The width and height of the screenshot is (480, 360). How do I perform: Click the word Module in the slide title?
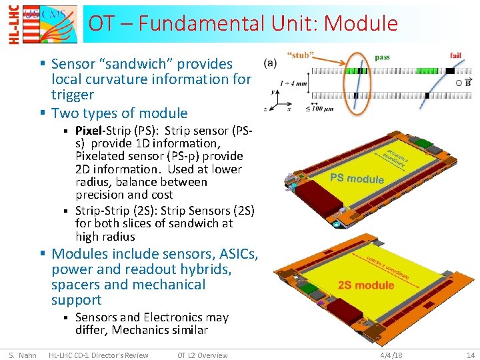tap(360, 24)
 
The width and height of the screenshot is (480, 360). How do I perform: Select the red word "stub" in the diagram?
tap(300, 55)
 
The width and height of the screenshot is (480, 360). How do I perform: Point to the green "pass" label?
tap(382, 57)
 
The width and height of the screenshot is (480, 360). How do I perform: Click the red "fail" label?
tap(456, 55)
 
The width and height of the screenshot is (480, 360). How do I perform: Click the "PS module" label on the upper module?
tap(357, 178)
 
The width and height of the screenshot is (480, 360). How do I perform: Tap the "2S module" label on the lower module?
tap(365, 285)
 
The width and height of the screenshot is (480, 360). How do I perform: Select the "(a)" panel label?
tap(271, 63)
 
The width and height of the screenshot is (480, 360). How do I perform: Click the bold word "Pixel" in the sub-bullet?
tap(89, 130)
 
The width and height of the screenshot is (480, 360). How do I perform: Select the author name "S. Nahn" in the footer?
tap(23, 355)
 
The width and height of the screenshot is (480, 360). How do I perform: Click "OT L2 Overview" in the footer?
tap(202, 355)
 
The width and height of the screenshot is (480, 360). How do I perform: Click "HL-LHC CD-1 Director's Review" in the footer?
tap(99, 355)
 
